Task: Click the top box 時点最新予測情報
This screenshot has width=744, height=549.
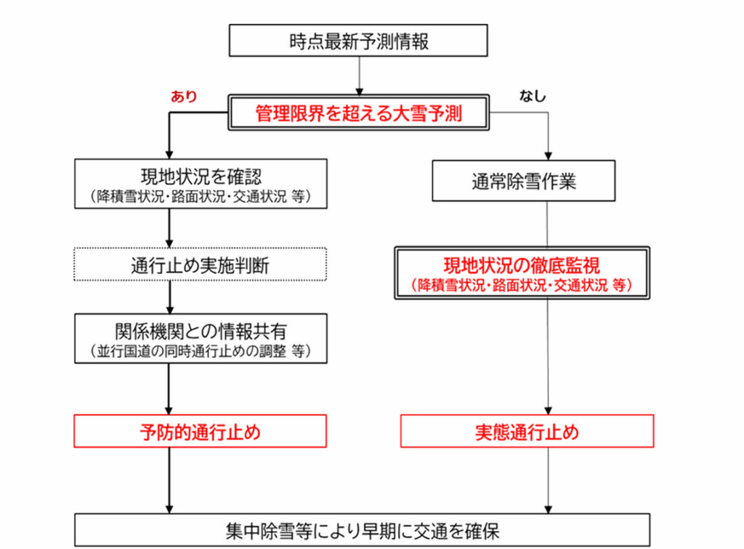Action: tap(359, 40)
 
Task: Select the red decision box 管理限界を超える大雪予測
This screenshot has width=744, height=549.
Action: tap(359, 113)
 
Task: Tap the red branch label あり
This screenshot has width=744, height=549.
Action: tap(184, 96)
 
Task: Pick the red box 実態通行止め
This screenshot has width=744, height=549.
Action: tap(527, 432)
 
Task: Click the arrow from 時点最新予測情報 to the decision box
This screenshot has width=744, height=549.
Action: tap(359, 75)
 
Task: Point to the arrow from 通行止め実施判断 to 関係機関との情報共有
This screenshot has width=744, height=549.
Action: tap(169, 297)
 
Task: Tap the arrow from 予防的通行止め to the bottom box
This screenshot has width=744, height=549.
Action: tap(169, 480)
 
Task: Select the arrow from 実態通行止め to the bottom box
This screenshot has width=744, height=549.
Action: tap(548, 480)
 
